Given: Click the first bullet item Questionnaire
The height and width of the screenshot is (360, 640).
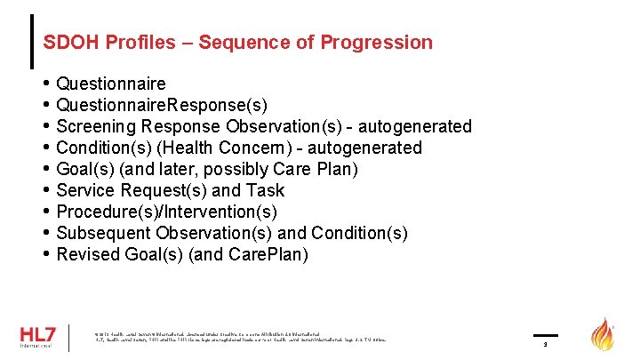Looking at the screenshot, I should pyautogui.click(x=110, y=84).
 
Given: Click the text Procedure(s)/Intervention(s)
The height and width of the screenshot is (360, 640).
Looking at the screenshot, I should pyautogui.click(x=166, y=212).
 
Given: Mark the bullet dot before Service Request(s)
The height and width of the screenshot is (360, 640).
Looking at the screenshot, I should pyautogui.click(x=46, y=190).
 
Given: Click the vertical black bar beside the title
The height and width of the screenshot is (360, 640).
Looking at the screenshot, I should pyautogui.click(x=33, y=41).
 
